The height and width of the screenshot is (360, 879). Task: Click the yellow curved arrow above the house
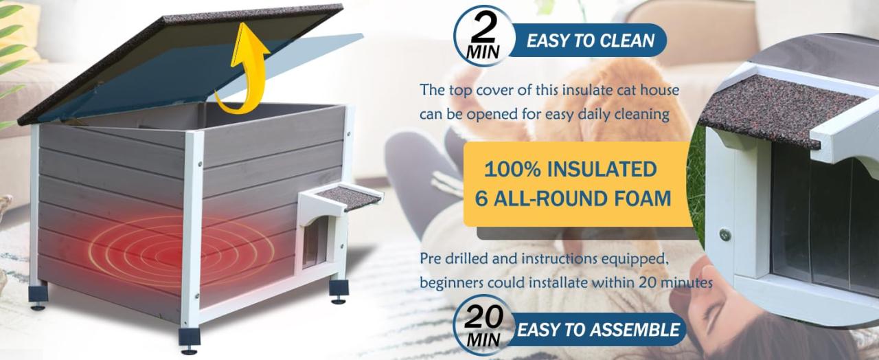[x=251, y=67]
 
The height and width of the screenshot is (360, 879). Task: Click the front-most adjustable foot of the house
[x=190, y=340]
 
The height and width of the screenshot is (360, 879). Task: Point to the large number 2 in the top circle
[x=483, y=27]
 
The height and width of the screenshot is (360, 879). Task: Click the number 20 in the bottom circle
[x=483, y=317]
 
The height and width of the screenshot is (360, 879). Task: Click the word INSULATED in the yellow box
[x=602, y=169]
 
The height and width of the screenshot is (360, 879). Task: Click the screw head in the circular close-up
[x=725, y=235]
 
